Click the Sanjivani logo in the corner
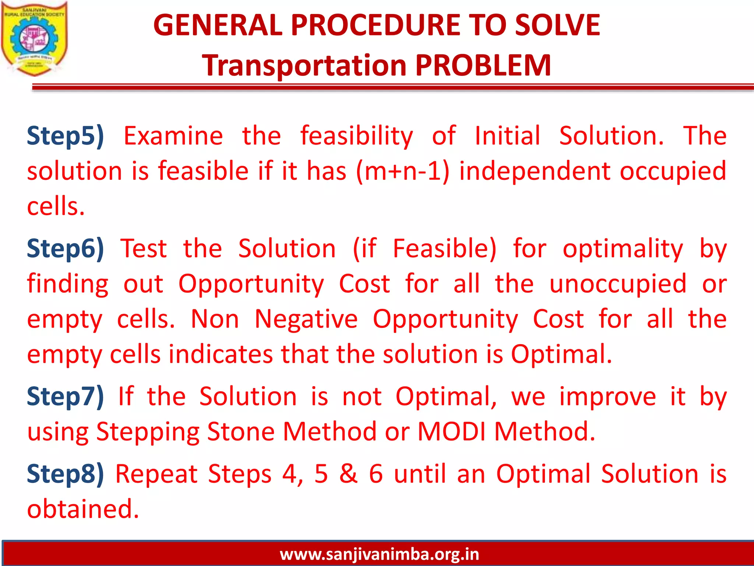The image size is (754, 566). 34,39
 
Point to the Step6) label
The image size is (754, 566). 66,249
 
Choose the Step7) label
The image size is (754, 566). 66,397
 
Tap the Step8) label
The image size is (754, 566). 66,474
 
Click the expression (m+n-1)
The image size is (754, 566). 403,172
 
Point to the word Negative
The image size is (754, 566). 306,319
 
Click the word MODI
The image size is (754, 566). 451,432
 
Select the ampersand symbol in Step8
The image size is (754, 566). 348,474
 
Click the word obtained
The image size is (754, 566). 83,509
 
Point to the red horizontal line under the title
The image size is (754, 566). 392,87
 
